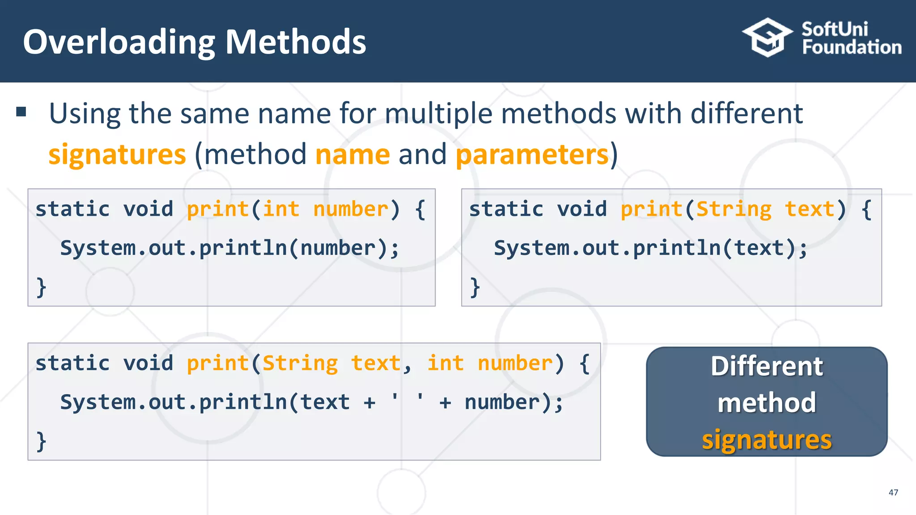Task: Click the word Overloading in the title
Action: point(119,42)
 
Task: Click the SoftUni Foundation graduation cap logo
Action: point(767,38)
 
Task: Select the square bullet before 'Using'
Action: point(21,112)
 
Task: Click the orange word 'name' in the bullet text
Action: point(352,155)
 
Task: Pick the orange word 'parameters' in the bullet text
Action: point(532,155)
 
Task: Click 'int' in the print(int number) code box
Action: point(281,209)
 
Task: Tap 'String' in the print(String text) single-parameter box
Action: point(734,209)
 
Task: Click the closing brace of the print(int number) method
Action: point(41,287)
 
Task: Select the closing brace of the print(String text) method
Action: point(475,287)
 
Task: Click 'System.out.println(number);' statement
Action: point(229,248)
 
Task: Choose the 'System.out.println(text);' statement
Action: point(651,248)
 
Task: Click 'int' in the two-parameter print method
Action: point(445,363)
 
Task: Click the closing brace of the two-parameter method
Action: point(41,441)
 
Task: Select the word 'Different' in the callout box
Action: point(767,367)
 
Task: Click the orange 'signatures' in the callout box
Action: point(767,440)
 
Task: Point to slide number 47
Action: point(893,493)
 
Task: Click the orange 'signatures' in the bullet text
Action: point(117,155)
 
